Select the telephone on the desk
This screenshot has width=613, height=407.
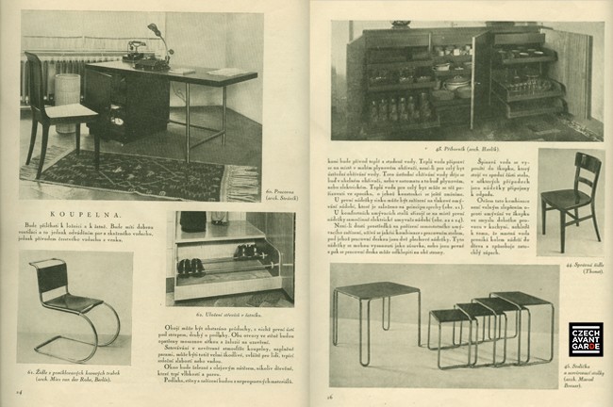(x=138, y=49)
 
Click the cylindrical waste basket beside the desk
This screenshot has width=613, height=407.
(x=67, y=99)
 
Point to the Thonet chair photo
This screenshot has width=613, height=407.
(x=571, y=203)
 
